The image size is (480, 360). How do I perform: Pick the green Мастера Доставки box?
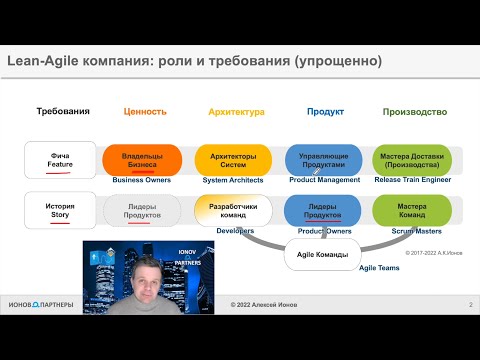point(409,160)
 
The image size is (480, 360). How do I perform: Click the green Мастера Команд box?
point(409,211)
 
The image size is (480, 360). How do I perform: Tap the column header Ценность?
point(145,112)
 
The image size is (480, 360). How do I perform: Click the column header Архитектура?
point(236,112)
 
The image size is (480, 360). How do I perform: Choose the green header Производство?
point(414,112)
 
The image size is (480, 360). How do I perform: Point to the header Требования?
point(63,111)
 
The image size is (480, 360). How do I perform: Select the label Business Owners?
point(141,180)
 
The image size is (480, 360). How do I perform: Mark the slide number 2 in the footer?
point(470,332)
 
